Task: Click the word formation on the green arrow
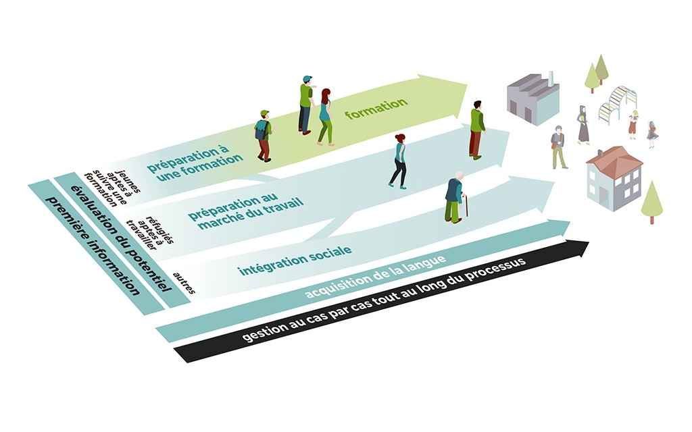click(x=376, y=109)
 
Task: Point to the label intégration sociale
click(x=294, y=261)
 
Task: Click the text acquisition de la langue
click(x=374, y=276)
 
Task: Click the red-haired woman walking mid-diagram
click(x=399, y=160)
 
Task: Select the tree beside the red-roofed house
click(x=651, y=200)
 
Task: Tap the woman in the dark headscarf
click(x=583, y=124)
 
